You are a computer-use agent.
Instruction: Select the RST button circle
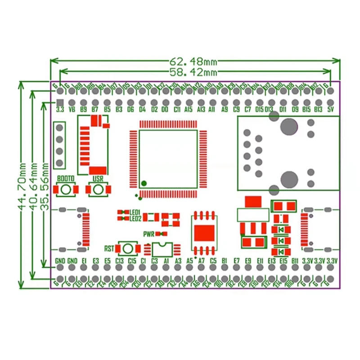tap(127, 248)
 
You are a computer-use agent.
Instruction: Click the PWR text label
tap(149, 234)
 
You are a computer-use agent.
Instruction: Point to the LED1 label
tap(135, 212)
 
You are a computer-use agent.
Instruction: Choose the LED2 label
tap(135, 219)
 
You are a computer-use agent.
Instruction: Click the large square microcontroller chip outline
tap(168, 158)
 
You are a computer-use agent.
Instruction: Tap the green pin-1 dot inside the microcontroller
tap(144, 183)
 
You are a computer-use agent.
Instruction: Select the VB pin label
tap(72, 109)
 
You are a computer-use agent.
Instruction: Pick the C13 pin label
tap(119, 261)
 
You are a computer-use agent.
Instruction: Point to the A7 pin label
tap(202, 261)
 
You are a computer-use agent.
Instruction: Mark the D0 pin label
tap(165, 109)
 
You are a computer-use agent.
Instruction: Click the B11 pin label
tap(295, 261)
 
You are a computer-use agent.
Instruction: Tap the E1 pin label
tap(84, 261)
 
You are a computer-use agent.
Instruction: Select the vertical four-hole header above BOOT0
tap(59, 145)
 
